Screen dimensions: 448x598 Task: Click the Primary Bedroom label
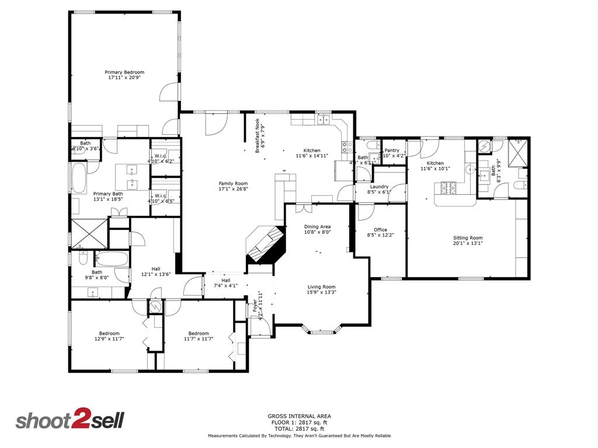[124, 75]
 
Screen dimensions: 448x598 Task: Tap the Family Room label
[233, 186]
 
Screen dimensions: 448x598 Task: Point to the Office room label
[380, 233]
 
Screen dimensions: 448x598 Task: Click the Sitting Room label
[468, 241]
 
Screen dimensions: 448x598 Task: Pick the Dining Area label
[318, 229]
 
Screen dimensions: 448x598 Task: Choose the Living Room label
[321, 289]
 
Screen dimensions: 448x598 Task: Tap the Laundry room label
[379, 189]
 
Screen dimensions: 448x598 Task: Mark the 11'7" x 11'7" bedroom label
[197, 336]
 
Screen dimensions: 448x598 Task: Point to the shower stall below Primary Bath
[89, 233]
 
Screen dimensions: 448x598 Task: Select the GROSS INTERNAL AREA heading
[299, 416]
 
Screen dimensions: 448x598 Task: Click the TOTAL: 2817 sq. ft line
[299, 429]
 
